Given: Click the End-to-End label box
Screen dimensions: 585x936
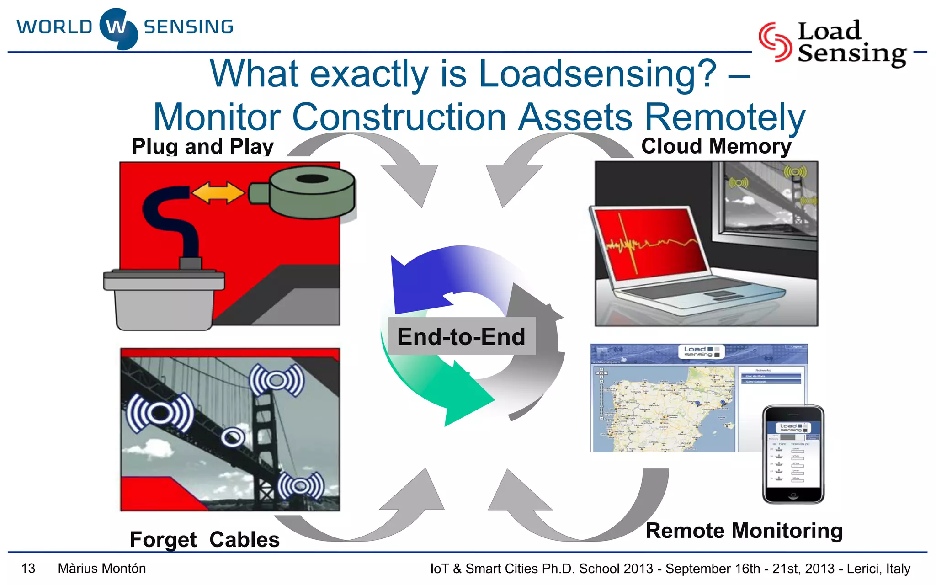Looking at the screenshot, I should tap(462, 336).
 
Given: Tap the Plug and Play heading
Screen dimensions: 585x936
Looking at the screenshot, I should tap(202, 147).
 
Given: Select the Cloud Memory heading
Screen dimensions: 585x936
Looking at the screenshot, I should tap(716, 146).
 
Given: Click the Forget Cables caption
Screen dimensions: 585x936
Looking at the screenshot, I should tap(204, 539).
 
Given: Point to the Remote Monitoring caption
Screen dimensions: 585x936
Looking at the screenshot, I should tap(744, 531).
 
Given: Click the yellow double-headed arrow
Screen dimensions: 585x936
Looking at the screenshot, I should tap(218, 192).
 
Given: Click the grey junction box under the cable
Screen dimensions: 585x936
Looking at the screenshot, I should tap(164, 299).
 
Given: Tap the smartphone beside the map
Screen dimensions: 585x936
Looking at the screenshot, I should tap(793, 454).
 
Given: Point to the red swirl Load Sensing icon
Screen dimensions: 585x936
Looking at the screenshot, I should tap(775, 42).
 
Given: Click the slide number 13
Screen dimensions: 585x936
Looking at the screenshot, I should tap(28, 569).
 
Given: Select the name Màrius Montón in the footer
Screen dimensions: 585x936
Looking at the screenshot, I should tap(102, 569).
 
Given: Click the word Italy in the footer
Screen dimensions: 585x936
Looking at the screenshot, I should tap(898, 569).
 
